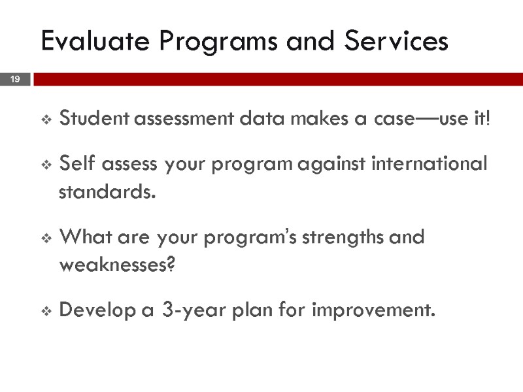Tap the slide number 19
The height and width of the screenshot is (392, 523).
pyautogui.click(x=15, y=80)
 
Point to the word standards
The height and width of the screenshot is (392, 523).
pyautogui.click(x=108, y=193)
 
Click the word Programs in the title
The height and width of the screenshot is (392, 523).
pyautogui.click(x=208, y=41)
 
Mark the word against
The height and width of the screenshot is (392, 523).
pyautogui.click(x=331, y=163)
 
